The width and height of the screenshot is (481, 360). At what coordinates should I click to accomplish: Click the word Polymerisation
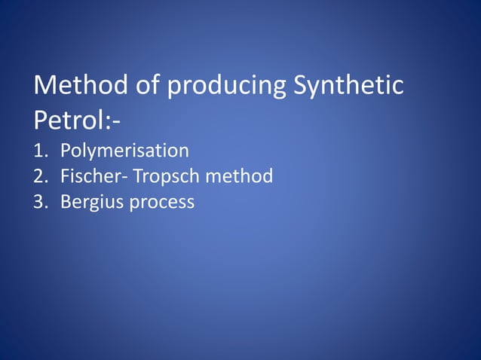click(x=124, y=151)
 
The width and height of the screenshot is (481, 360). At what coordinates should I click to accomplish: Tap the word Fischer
click(x=85, y=177)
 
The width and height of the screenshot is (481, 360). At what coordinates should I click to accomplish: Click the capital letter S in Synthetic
click(x=299, y=87)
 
